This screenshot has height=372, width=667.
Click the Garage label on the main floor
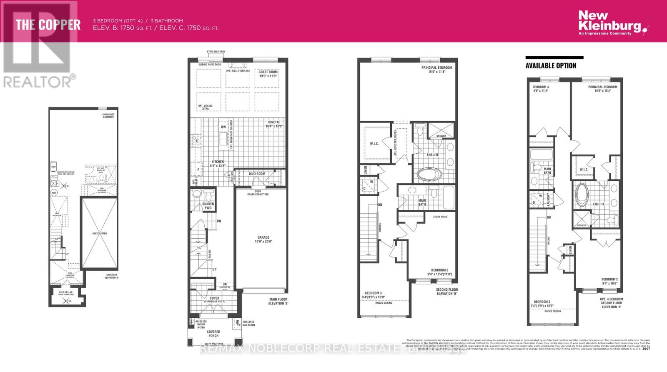pyautogui.click(x=263, y=237)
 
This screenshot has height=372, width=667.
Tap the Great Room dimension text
pyautogui.click(x=268, y=76)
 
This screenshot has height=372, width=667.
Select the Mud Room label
pyautogui.click(x=257, y=174)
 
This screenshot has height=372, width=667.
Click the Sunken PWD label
pyautogui.click(x=208, y=206)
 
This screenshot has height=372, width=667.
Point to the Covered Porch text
pyautogui.click(x=213, y=334)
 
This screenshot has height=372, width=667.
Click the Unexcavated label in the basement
pyautogui.click(x=99, y=233)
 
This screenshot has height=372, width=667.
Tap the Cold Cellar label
pyautogui.click(x=65, y=293)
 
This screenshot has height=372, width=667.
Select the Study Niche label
pyautogui.click(x=440, y=217)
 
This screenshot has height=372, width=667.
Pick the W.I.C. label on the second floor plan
pyautogui.click(x=374, y=144)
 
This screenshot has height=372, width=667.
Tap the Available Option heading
pyautogui.click(x=551, y=66)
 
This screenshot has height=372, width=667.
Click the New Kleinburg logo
pyautogui.click(x=611, y=23)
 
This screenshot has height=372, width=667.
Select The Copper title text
pyautogui.click(x=48, y=25)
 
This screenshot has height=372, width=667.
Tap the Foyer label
pyautogui.click(x=214, y=298)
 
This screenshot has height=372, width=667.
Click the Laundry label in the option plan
pyautogui.click(x=548, y=199)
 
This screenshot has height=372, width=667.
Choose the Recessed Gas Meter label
pyautogui.click(x=249, y=323)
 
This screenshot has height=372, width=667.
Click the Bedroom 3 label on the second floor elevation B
pyautogui.click(x=373, y=293)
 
